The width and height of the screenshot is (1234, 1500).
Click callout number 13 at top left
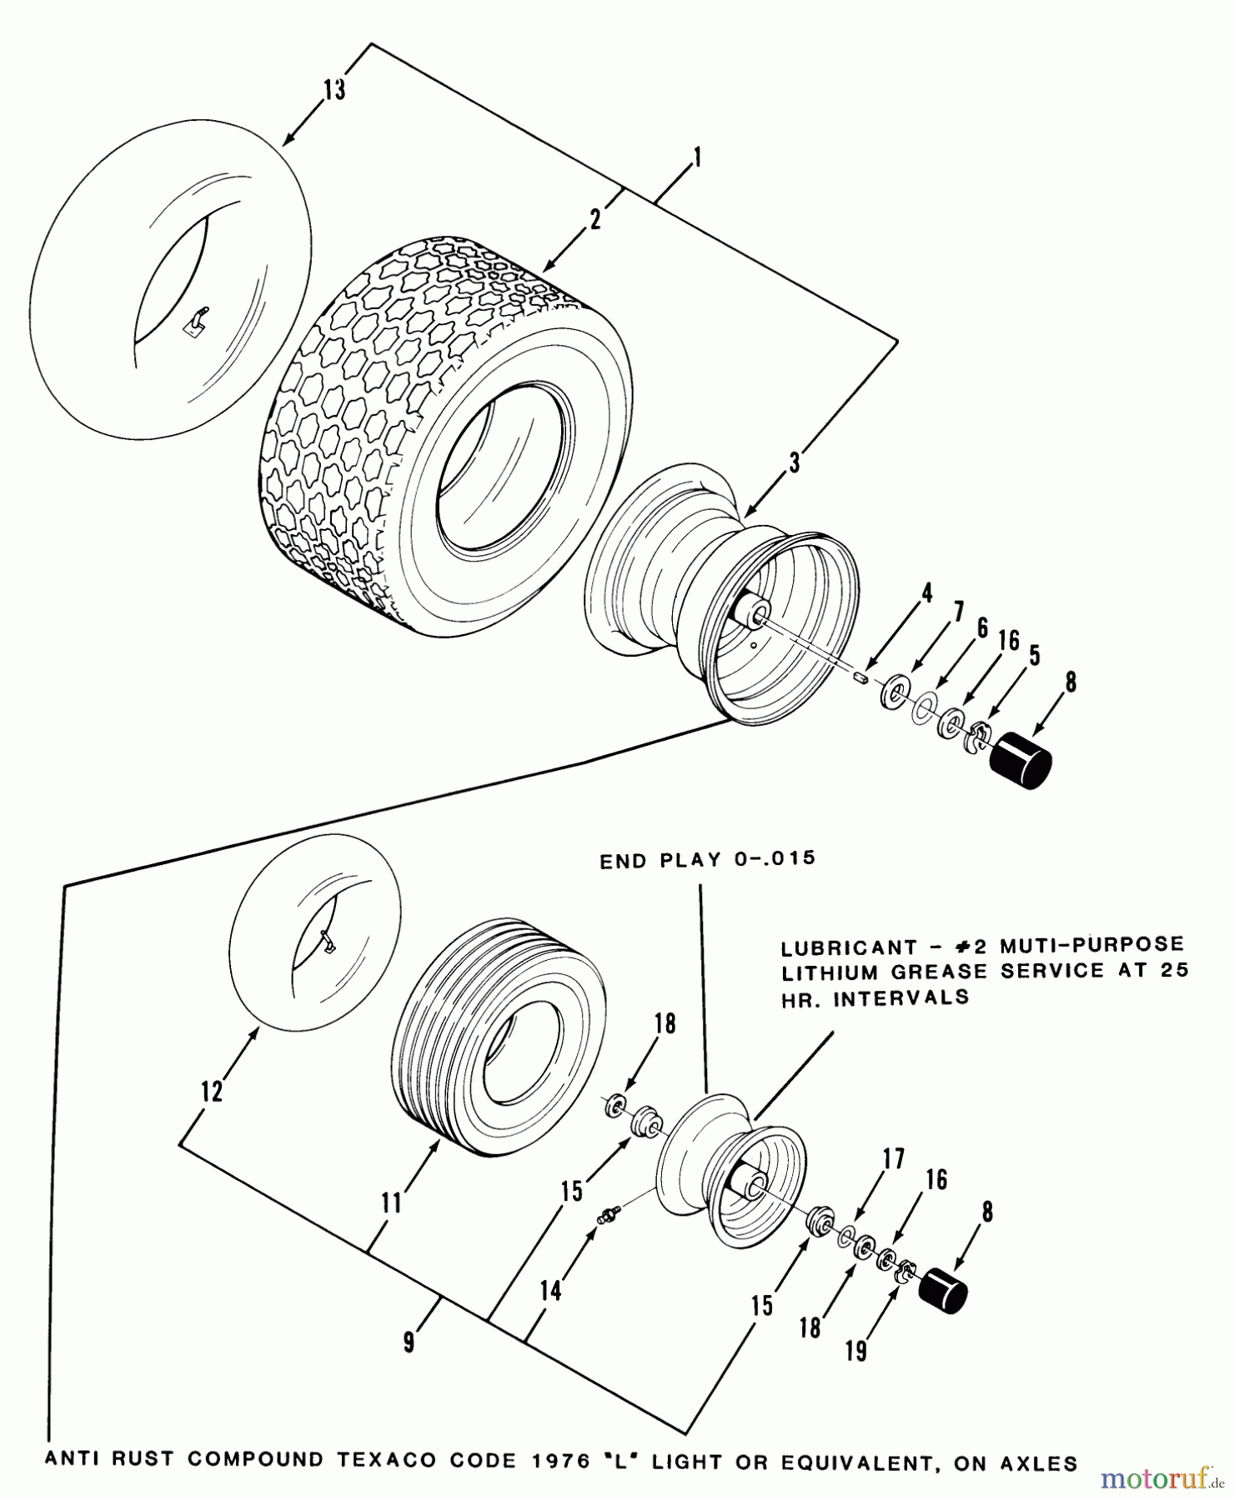334,89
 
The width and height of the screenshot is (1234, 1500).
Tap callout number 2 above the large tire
594,220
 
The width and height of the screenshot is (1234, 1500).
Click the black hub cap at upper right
1020,759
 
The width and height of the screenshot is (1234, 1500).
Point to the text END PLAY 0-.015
707,860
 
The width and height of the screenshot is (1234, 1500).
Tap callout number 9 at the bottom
409,1344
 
